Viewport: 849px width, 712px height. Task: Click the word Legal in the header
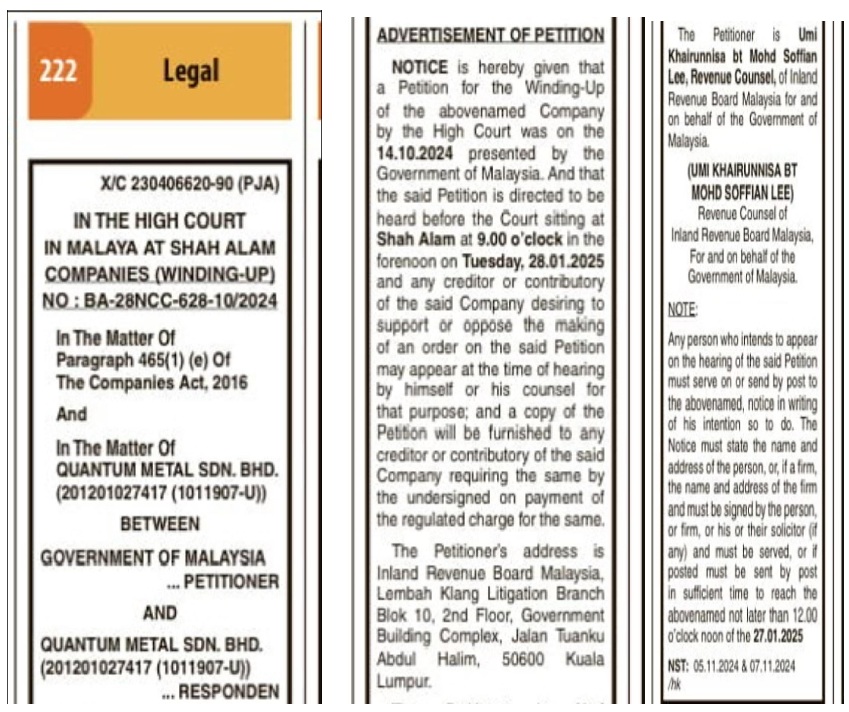190,72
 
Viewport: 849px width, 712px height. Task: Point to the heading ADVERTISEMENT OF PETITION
490,35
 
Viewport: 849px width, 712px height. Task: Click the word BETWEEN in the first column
160,524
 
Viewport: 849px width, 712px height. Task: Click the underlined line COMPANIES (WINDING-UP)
160,272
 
